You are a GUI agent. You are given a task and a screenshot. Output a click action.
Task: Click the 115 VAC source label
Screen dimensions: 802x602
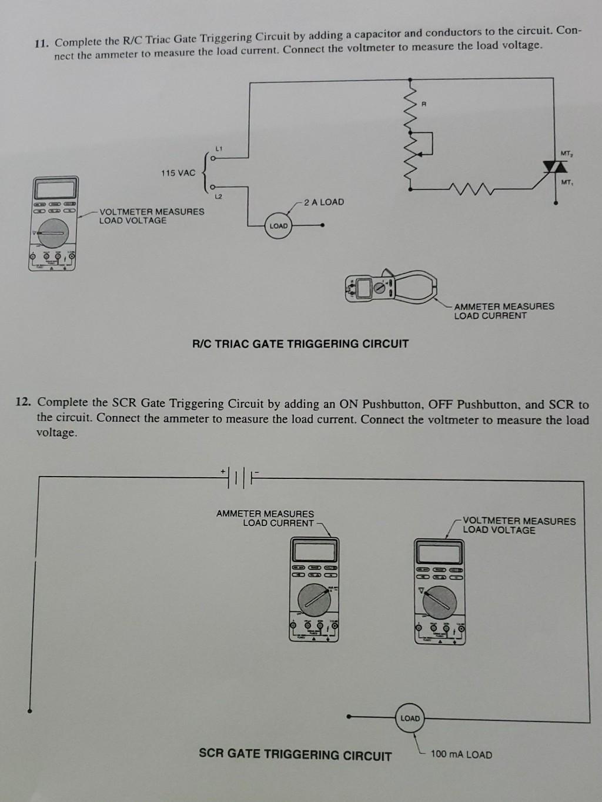[x=178, y=173]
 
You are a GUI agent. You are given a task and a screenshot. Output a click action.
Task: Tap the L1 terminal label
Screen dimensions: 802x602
[x=218, y=148]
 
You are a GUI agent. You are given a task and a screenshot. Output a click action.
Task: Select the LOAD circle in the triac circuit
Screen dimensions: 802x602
[x=279, y=226]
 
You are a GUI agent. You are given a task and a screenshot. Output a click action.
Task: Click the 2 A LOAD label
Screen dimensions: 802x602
[x=324, y=202]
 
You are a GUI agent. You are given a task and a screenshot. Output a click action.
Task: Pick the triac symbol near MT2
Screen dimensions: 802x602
[x=551, y=168]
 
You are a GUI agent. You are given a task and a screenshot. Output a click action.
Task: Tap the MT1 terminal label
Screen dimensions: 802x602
[x=566, y=182]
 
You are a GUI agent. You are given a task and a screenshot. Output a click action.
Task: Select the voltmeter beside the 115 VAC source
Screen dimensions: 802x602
[x=53, y=223]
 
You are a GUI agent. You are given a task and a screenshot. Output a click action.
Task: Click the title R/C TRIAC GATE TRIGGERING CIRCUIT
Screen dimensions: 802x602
[x=300, y=344]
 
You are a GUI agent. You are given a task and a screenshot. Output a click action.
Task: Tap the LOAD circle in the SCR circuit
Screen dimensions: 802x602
[x=410, y=718]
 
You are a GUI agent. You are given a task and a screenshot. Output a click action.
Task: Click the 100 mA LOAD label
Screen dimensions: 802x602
[x=461, y=754]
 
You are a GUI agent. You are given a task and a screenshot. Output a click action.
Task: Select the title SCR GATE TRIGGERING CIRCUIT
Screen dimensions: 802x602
[x=295, y=755]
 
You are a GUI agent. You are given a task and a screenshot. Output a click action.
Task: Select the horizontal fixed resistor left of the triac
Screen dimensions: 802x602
[x=467, y=189]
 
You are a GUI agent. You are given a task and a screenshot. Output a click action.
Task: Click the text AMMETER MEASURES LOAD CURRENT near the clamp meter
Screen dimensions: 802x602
[x=503, y=311]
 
